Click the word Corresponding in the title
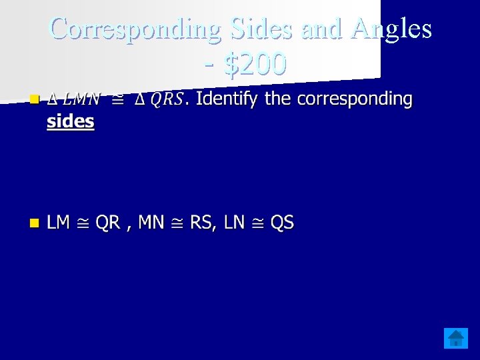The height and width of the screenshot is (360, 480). [136, 29]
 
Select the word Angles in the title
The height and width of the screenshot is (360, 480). [393, 29]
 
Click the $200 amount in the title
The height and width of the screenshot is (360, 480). [256, 64]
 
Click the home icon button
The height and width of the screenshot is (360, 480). [456, 338]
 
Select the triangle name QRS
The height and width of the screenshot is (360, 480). [166, 99]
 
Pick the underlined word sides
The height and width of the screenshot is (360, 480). [70, 122]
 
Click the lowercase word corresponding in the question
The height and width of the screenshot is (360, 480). [355, 99]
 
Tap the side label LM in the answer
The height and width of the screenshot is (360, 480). [59, 223]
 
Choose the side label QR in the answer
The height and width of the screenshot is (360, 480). [107, 223]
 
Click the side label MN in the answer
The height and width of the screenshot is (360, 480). [151, 223]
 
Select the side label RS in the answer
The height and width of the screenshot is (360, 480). [201, 223]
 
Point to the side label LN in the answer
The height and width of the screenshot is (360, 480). [234, 223]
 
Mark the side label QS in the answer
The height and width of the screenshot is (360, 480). [282, 223]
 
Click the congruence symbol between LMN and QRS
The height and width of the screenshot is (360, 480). [118, 99]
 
